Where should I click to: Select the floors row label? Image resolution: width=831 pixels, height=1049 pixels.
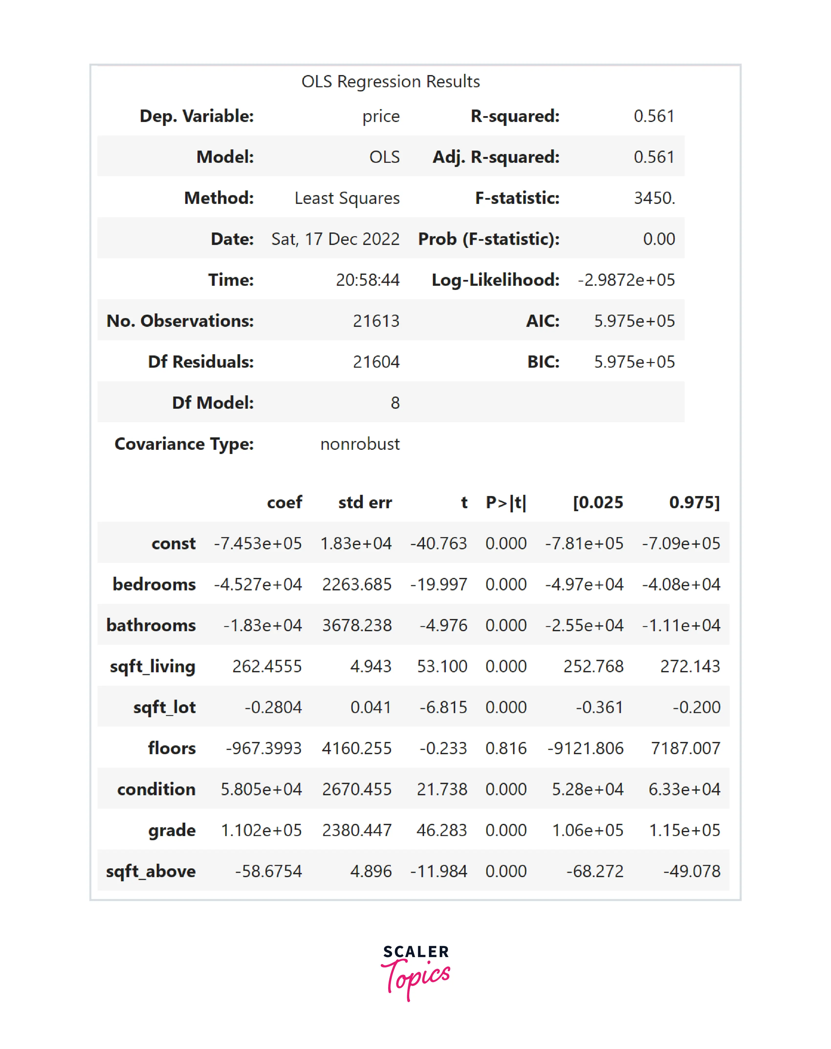point(172,748)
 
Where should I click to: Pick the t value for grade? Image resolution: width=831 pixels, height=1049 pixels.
point(441,830)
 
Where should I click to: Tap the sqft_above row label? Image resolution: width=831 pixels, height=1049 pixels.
point(151,872)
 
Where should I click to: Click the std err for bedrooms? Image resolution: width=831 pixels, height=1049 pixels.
point(357,584)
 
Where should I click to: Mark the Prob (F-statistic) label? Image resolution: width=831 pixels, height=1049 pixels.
point(489,239)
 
